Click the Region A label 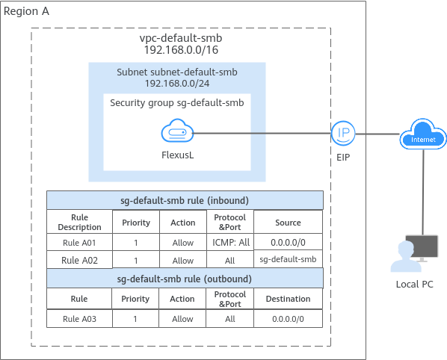(26, 11)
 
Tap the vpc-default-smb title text (181, 38)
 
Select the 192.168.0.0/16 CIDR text (181, 50)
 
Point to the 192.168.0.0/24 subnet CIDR (177, 84)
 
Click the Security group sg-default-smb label (177, 103)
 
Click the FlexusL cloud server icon (177, 131)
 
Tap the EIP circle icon (343, 133)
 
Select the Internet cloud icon (423, 134)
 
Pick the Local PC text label (415, 285)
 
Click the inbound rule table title (185, 200)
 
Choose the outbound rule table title (185, 279)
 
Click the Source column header (288, 223)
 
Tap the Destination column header (288, 299)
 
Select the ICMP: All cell (230, 243)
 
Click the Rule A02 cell (79, 261)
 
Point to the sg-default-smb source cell (288, 259)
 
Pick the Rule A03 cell (79, 319)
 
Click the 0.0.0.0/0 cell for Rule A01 (288, 243)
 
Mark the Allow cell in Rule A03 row (182, 319)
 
